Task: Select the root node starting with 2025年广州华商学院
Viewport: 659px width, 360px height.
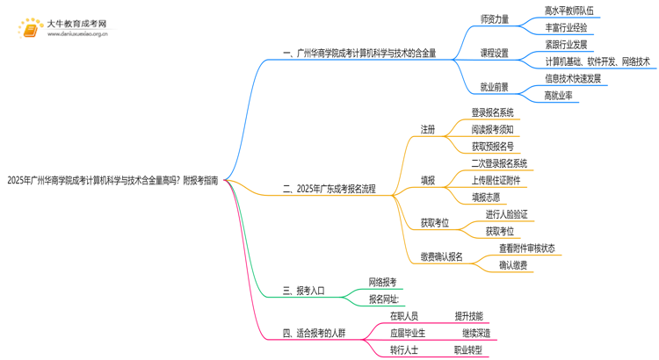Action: pyautogui.click(x=112, y=181)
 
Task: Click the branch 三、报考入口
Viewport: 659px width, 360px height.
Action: pyautogui.click(x=304, y=291)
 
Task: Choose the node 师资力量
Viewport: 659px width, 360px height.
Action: pyautogui.click(x=494, y=19)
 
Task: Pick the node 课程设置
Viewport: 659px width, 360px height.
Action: pyautogui.click(x=494, y=54)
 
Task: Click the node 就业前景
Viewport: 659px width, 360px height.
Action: pyautogui.click(x=494, y=87)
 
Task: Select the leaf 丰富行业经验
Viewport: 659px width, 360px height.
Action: pyautogui.click(x=566, y=28)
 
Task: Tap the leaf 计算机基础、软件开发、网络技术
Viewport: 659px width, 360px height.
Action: pyautogui.click(x=597, y=61)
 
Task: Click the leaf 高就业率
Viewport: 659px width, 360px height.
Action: pyautogui.click(x=558, y=96)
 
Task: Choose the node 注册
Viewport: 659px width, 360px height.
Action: pyautogui.click(x=428, y=130)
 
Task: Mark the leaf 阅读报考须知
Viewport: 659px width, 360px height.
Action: pyautogui.click(x=493, y=130)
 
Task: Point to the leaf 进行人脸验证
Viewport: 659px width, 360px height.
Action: pyautogui.click(x=507, y=214)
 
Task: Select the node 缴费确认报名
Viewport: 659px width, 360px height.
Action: pyautogui.click(x=441, y=257)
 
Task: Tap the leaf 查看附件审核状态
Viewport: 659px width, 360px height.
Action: pyautogui.click(x=527, y=248)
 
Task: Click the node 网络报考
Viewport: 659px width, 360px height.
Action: pyautogui.click(x=382, y=282)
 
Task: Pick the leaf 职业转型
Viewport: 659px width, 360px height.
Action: pyautogui.click(x=468, y=350)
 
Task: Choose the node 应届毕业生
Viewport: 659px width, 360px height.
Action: pyautogui.click(x=408, y=334)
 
